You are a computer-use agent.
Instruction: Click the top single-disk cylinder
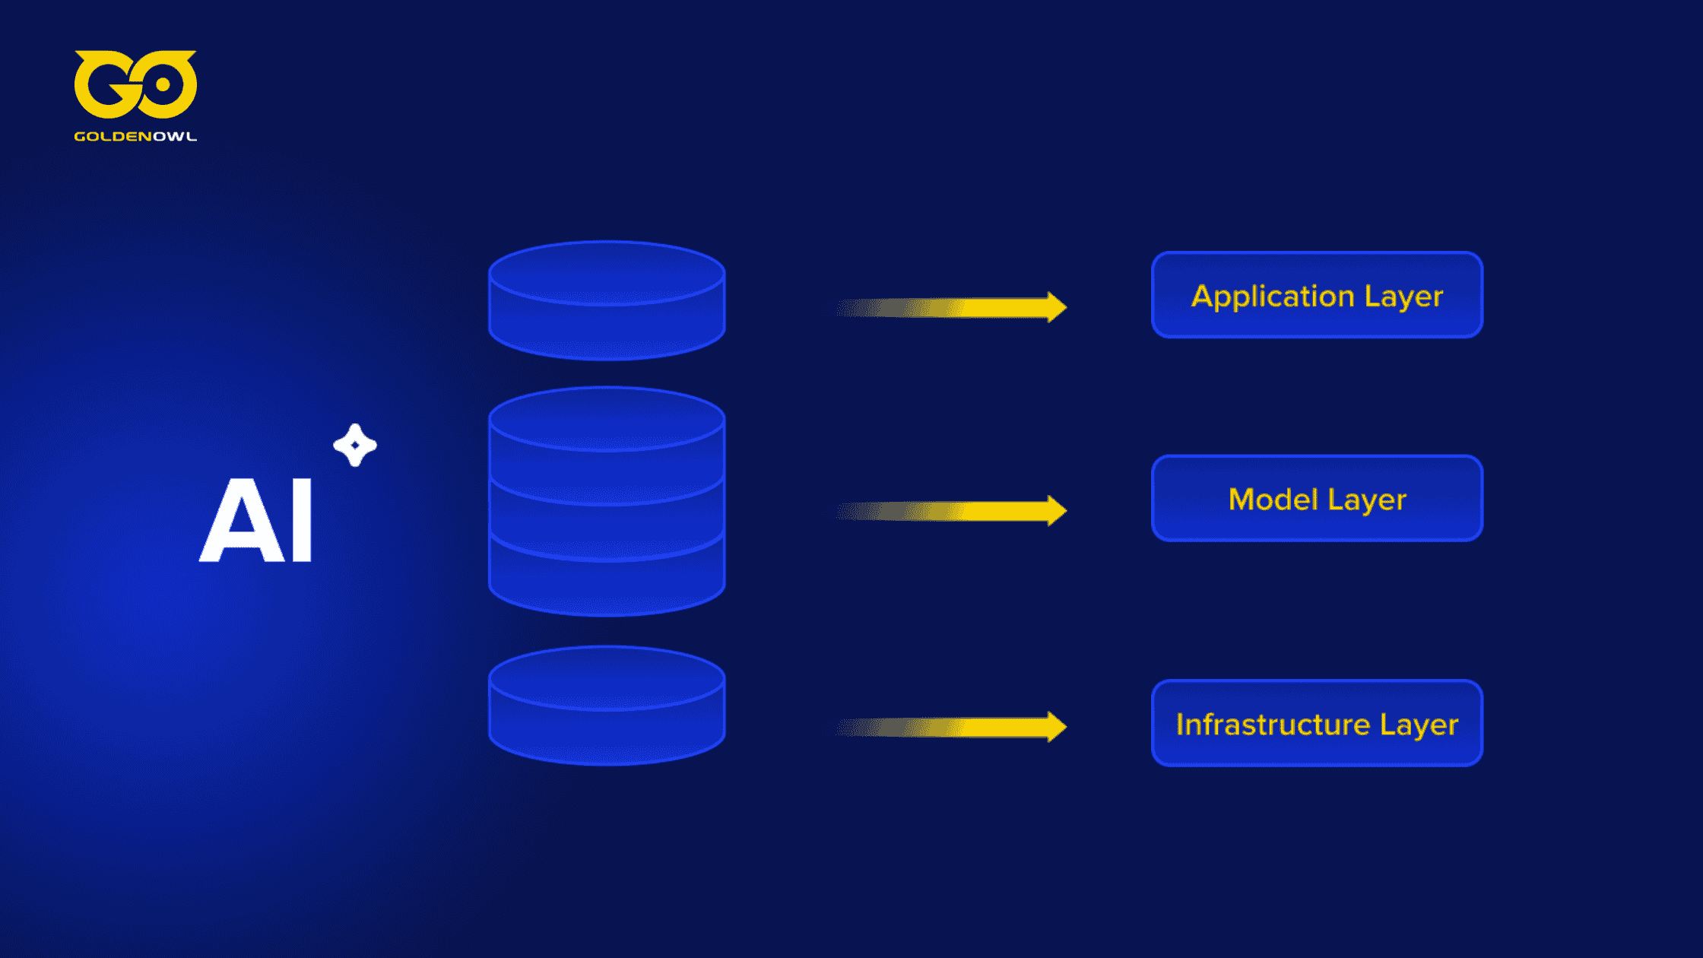click(x=607, y=301)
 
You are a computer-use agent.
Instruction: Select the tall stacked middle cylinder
click(x=607, y=502)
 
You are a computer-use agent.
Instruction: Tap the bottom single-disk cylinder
click(x=607, y=706)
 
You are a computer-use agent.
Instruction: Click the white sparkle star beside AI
click(x=355, y=445)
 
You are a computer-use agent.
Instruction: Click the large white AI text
click(x=256, y=521)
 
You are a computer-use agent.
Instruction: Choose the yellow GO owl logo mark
click(x=135, y=84)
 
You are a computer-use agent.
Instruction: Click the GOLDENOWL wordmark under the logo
click(x=135, y=137)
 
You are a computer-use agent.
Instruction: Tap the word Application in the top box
click(x=1273, y=296)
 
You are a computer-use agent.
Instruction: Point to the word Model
click(x=1273, y=500)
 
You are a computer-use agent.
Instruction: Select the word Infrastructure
click(x=1273, y=725)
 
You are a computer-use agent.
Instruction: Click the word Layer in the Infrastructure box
click(x=1419, y=725)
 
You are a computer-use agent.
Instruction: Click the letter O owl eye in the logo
click(x=162, y=85)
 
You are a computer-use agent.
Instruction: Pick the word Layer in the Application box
click(x=1403, y=297)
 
